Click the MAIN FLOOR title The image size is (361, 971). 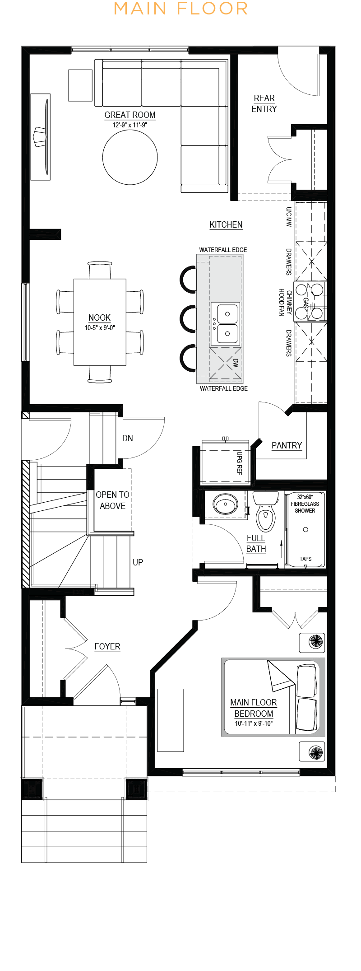(180, 9)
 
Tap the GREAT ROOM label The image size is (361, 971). (130, 115)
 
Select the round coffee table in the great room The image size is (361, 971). (130, 157)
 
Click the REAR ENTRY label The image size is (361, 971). (264, 104)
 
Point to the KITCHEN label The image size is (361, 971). (226, 224)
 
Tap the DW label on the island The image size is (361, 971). (236, 362)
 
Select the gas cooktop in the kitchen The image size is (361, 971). (310, 302)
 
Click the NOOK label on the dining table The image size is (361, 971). (100, 317)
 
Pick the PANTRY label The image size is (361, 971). (287, 445)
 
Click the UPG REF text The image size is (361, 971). (240, 463)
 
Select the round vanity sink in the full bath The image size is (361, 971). (225, 504)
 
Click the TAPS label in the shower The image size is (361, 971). (305, 559)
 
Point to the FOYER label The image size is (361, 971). (107, 646)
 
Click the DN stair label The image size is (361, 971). (128, 438)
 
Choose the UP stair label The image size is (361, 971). (138, 562)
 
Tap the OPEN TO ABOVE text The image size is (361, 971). (113, 500)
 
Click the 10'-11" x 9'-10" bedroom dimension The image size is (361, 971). (254, 724)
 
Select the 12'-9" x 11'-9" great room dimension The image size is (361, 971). (130, 125)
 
